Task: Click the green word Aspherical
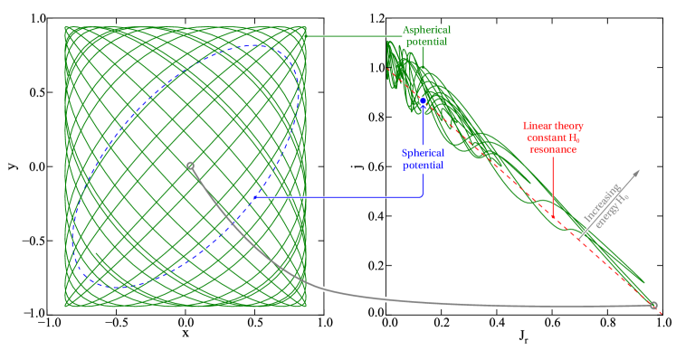[x=424, y=30]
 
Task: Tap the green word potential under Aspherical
[x=424, y=42]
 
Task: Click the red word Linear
[x=539, y=127]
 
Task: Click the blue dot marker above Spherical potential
[x=423, y=100]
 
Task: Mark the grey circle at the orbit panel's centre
[x=190, y=166]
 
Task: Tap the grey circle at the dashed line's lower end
[x=653, y=306]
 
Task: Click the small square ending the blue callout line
[x=255, y=197]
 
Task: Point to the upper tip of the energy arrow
[x=641, y=169]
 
